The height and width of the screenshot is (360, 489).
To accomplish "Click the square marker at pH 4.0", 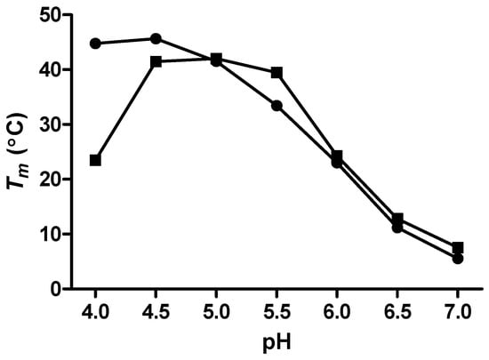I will [x=95, y=160].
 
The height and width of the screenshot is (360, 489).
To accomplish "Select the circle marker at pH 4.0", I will [x=95, y=44].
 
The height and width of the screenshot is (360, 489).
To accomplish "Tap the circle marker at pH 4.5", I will [x=156, y=39].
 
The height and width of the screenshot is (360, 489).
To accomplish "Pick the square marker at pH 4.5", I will [x=156, y=61].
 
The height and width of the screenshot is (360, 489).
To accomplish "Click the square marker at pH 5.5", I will [x=277, y=73].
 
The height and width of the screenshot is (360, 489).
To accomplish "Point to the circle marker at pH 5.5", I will [x=277, y=106].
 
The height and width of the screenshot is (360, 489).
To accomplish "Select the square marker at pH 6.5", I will [x=397, y=219].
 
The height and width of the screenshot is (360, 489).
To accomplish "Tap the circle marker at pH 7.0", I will [x=458, y=259].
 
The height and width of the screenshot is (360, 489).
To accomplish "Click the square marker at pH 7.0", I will [x=458, y=248].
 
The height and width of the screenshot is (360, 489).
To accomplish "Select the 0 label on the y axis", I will [x=54, y=289].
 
